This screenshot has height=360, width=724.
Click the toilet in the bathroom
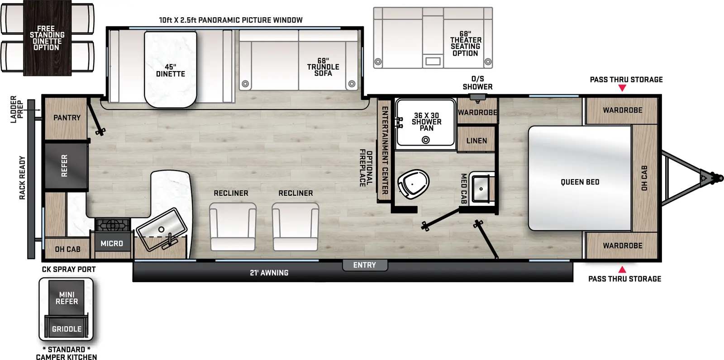[413, 184]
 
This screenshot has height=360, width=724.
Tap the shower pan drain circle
[425, 140]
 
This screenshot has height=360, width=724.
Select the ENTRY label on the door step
[365, 265]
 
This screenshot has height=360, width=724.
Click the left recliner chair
[233, 226]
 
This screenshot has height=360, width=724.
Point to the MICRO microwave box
[112, 243]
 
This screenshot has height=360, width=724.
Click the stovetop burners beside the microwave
[113, 225]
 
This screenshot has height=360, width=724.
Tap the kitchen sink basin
[161, 229]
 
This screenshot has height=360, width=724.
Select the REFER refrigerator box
[66, 166]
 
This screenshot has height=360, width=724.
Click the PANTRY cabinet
[67, 118]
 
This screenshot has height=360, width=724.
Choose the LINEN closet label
[476, 141]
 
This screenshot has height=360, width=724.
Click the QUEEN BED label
[580, 182]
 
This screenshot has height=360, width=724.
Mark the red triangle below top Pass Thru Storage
[622, 88]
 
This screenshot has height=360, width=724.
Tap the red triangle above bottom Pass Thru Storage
[622, 270]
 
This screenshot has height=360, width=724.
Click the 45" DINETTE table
[171, 70]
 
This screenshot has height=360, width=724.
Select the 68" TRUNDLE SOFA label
[323, 67]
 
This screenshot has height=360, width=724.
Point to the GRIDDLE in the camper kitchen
[67, 329]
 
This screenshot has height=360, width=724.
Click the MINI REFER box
[67, 298]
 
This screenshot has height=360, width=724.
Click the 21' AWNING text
[269, 273]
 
